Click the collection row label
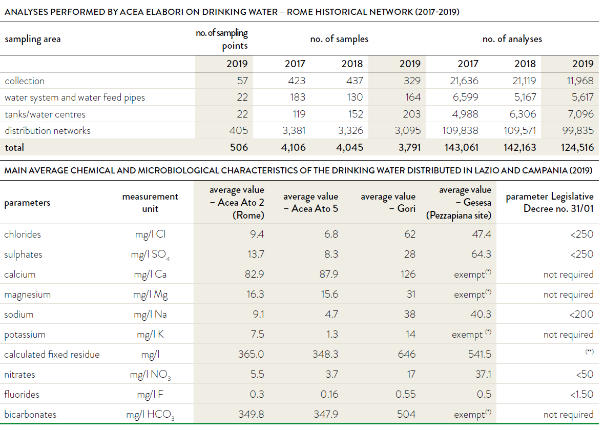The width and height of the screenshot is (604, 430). [x=25, y=81]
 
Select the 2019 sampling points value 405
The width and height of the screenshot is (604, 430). [x=238, y=130]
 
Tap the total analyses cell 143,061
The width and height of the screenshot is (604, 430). [x=462, y=147]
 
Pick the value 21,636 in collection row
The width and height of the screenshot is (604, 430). [x=464, y=81]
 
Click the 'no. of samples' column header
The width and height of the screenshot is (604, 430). [x=339, y=39]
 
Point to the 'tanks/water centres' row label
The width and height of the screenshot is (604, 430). [x=45, y=114]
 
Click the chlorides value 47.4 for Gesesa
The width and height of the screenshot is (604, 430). [x=482, y=234]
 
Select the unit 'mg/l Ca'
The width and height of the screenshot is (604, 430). [x=150, y=274]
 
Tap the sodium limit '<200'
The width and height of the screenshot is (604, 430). [x=581, y=314]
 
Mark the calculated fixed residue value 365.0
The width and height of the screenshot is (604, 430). [x=251, y=354]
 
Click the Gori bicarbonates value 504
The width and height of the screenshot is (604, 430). [x=406, y=414]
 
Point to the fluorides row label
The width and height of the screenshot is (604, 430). [x=22, y=394]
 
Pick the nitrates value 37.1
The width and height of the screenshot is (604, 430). [x=483, y=374]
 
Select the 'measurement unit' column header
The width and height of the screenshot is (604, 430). [x=150, y=202]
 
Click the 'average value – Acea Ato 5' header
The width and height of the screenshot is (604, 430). [x=310, y=202]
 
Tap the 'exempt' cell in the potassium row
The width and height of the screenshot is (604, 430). [x=471, y=334]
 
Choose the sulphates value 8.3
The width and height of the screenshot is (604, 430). [x=331, y=254]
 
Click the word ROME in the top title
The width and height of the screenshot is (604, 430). [x=299, y=12]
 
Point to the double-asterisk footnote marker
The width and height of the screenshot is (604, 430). [x=589, y=351]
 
